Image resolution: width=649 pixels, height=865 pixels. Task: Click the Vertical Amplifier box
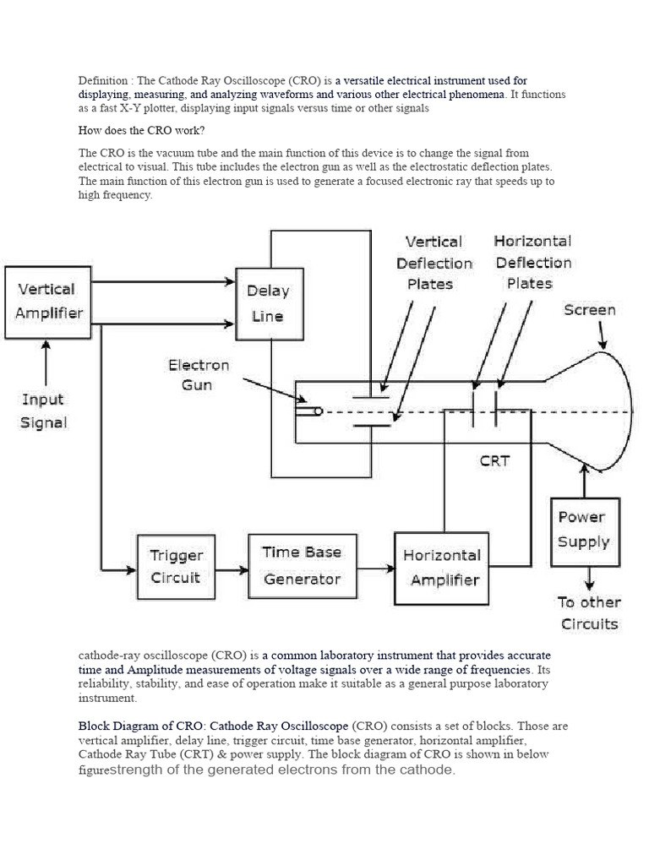point(47,302)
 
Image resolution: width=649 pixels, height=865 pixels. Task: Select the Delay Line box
point(268,304)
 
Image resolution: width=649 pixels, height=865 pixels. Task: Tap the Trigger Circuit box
point(176,567)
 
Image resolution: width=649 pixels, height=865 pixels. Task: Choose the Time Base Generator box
point(302,565)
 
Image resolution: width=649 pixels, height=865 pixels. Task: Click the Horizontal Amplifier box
point(441,568)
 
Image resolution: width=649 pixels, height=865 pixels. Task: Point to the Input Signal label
point(43,411)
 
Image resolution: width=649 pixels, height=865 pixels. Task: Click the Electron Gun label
point(199,375)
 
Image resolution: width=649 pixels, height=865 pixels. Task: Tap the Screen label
point(590,310)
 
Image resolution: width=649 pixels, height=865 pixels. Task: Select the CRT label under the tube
point(495,461)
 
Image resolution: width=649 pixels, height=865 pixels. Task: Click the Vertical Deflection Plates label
point(434,263)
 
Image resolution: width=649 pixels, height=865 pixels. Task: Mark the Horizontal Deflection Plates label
point(532,262)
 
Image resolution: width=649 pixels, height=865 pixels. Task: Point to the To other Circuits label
point(589,613)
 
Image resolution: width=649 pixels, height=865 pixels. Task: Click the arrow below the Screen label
point(602,335)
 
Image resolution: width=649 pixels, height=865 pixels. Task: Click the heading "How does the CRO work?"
point(141,131)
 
